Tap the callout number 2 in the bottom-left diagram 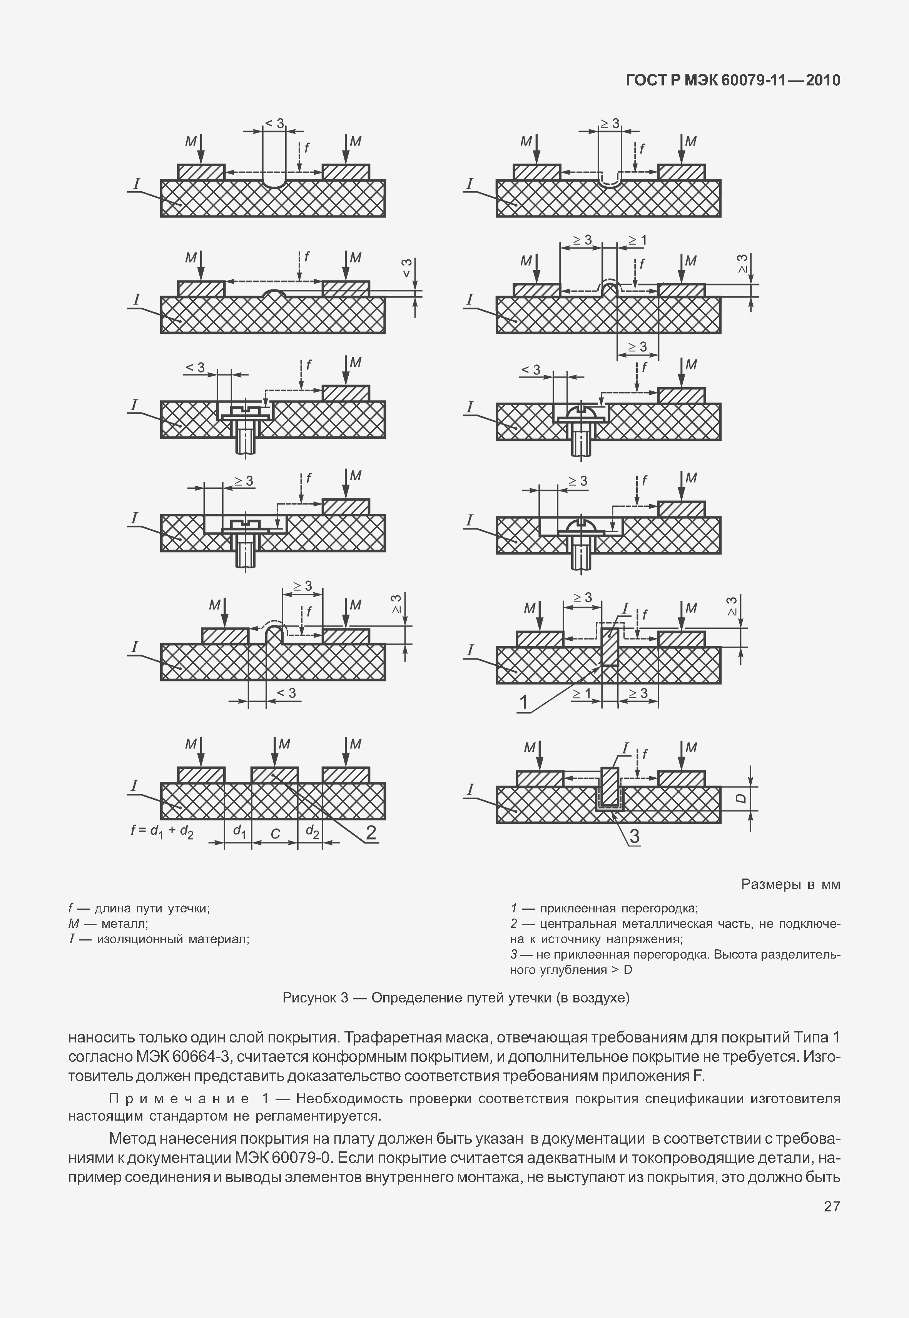pyautogui.click(x=370, y=833)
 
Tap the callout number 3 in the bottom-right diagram pyautogui.click(x=633, y=836)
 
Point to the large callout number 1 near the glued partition pyautogui.click(x=523, y=703)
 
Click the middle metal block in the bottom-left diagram pyautogui.click(x=274, y=775)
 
